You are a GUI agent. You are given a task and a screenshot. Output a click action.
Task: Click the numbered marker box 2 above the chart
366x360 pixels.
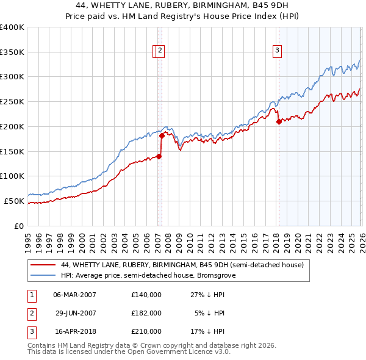pos(159,51)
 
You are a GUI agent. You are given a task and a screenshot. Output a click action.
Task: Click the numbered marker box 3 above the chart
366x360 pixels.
pos(277,51)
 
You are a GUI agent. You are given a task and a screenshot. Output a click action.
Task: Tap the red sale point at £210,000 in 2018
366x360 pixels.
pos(279,121)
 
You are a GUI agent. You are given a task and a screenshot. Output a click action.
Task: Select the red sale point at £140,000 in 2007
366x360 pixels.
pos(159,156)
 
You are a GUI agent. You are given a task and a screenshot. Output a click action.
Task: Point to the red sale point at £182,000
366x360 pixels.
pos(162,135)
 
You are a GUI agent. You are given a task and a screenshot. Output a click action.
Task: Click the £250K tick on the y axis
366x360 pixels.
pos(12,101)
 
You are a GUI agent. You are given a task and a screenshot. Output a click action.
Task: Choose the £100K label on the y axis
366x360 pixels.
pos(12,176)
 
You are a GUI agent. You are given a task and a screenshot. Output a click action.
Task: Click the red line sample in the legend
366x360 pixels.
pos(44,265)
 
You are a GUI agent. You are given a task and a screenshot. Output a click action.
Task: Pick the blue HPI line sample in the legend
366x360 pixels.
pos(44,276)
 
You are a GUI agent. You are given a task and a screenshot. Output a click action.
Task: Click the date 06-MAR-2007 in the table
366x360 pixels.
pos(74,294)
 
